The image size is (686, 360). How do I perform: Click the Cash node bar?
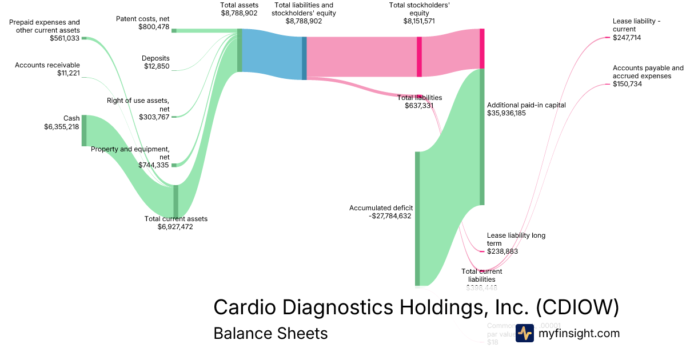pos(84,130)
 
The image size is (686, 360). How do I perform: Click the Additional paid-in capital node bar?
pos(482,137)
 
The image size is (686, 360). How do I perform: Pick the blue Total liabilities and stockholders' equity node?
pos(304,58)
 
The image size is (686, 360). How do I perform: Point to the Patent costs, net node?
pos(174,30)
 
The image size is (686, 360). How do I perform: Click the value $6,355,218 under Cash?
pos(62,126)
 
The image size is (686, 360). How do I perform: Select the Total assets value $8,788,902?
pos(239,12)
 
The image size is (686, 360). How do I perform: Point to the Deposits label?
pos(155,58)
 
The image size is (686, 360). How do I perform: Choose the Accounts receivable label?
pos(47,65)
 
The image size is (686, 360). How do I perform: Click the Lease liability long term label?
pos(516,239)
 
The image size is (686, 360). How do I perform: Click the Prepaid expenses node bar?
pos(84,38)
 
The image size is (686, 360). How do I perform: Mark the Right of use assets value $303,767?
pos(154,117)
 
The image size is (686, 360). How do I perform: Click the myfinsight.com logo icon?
pos(524,333)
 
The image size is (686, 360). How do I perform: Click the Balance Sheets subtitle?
pos(270,333)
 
